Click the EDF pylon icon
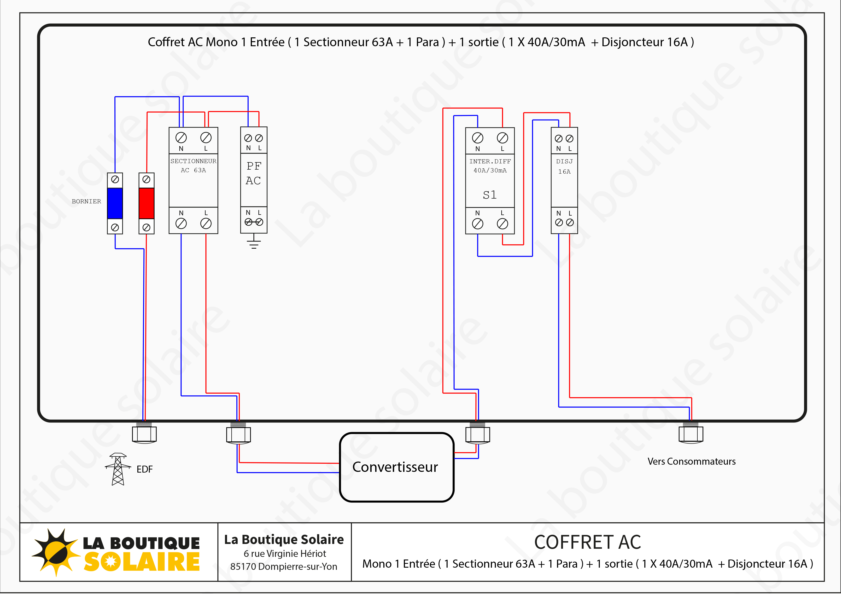click(117, 469)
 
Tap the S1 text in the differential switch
click(490, 195)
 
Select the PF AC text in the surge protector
click(253, 173)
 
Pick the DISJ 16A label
click(564, 166)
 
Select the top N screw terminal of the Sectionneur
click(181, 138)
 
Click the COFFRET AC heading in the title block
click(588, 542)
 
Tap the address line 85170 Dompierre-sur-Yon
click(284, 566)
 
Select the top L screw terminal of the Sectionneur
click(206, 138)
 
